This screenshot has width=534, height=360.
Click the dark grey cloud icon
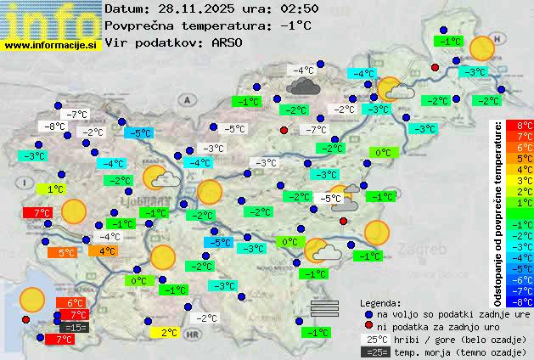302,86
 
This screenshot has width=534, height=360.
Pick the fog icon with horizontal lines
324,307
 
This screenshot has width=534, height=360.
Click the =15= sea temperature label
75,327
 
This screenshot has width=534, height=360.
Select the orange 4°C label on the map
107,250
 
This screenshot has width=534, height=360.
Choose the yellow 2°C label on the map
168,333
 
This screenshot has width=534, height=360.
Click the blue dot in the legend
367,314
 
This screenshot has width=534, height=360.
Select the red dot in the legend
367,326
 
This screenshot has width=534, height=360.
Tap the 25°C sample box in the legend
374,340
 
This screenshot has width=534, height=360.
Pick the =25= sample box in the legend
374,352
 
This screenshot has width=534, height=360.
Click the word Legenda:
381,302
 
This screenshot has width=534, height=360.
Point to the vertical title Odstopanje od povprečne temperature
498,212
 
